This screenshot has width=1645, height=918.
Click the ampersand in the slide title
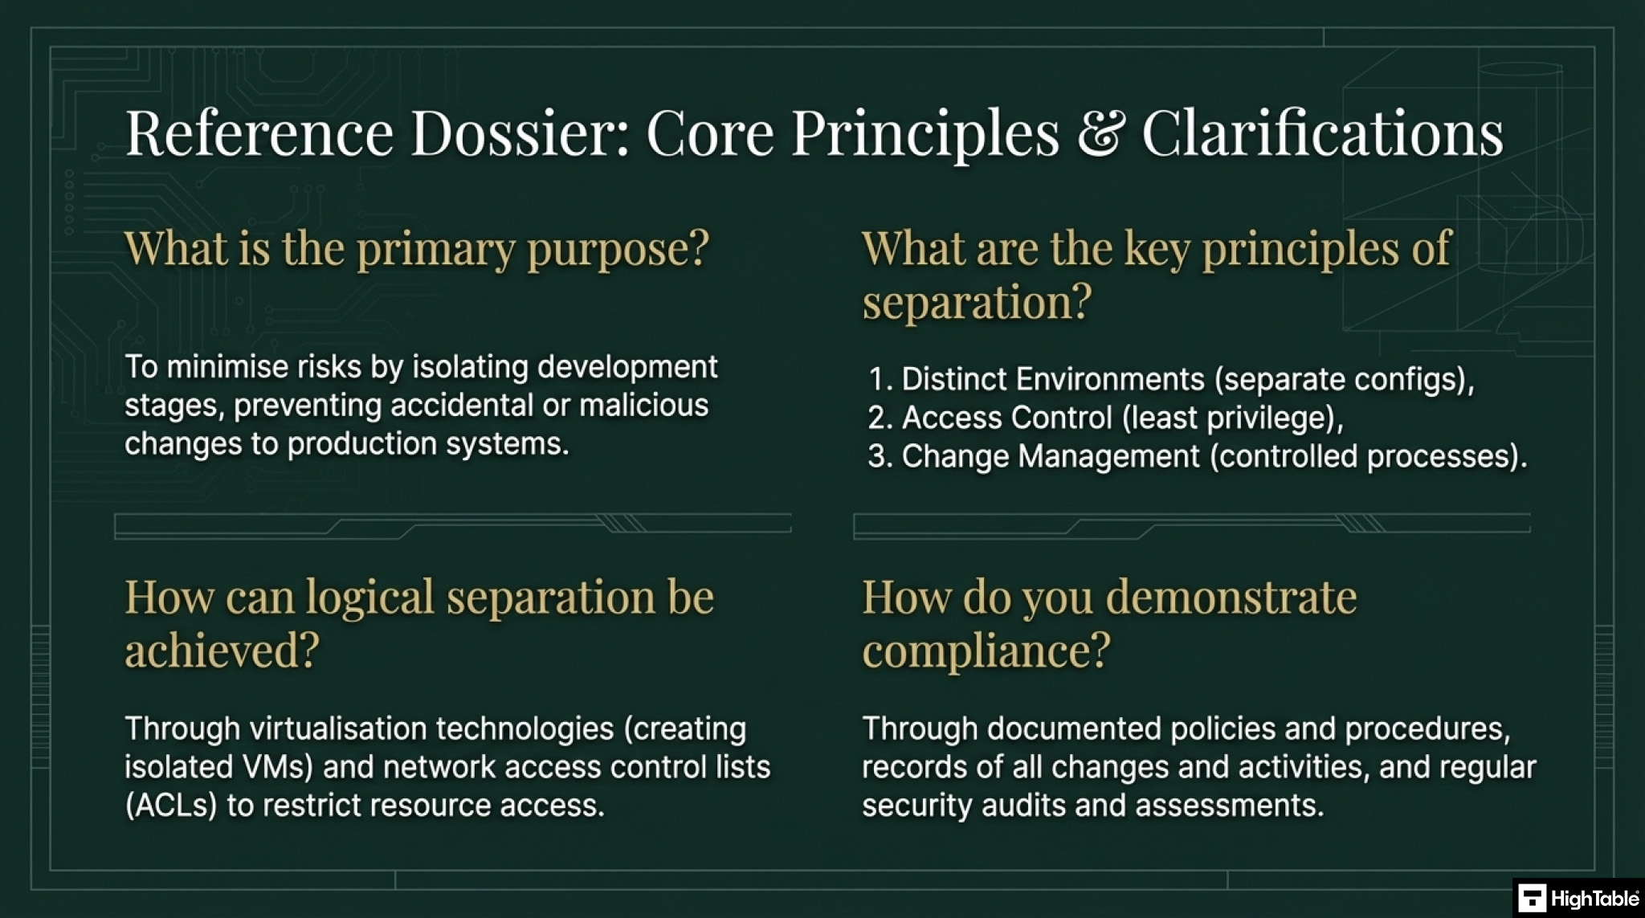tap(1100, 133)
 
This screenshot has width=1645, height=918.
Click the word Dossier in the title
tap(520, 133)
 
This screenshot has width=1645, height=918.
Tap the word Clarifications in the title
tap(1323, 133)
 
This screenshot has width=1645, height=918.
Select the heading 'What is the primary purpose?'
tap(417, 248)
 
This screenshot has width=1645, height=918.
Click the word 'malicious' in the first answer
tap(644, 405)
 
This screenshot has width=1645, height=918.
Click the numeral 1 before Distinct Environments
tap(878, 379)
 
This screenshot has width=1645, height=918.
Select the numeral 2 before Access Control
tap(878, 418)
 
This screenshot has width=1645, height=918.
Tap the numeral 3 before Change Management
tap(878, 456)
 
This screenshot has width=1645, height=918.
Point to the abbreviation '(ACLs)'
tap(171, 806)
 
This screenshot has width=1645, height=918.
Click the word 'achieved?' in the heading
tap(222, 649)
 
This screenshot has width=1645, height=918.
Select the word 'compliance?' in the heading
tap(986, 650)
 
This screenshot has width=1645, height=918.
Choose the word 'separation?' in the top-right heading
tap(978, 303)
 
